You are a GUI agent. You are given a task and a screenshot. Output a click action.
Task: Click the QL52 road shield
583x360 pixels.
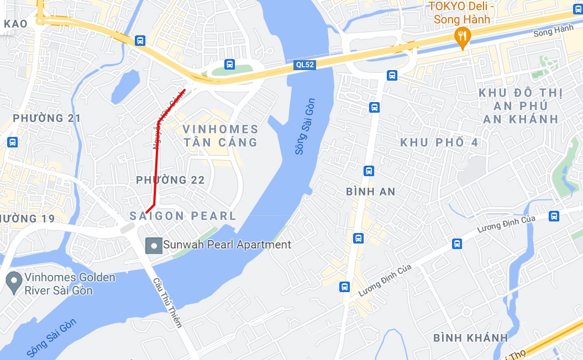tap(304, 65)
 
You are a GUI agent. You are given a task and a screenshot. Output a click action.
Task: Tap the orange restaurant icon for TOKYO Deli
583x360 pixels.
tap(462, 37)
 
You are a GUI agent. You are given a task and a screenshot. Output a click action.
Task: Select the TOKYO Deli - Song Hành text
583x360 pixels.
tap(463, 13)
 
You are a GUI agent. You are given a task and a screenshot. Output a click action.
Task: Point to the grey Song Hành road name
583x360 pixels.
tap(553, 31)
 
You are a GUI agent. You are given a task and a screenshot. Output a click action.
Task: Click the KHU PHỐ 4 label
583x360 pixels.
tap(439, 142)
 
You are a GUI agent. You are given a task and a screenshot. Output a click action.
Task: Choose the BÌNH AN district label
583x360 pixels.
tap(370, 192)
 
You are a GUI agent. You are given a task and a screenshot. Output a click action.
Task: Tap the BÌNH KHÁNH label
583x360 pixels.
tap(470, 337)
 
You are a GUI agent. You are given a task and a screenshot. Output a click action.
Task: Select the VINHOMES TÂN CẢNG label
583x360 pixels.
tap(220, 136)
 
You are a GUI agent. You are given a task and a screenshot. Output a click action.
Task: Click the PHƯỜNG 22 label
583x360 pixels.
tap(170, 180)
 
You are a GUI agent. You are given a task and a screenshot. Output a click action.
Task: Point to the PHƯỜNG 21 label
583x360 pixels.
tap(46, 118)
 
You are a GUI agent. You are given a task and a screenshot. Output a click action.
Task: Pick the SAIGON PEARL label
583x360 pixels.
tap(183, 216)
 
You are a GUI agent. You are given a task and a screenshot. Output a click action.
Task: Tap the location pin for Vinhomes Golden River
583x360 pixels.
tap(13, 282)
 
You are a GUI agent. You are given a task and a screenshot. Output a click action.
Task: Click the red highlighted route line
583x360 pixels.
tap(155, 166)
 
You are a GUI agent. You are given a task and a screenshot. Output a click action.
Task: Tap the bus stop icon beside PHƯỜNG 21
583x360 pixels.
tap(12, 142)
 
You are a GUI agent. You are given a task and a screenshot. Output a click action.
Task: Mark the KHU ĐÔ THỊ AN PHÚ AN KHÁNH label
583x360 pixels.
tap(518, 105)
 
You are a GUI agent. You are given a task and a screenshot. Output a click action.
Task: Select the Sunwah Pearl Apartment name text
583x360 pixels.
tap(227, 245)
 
